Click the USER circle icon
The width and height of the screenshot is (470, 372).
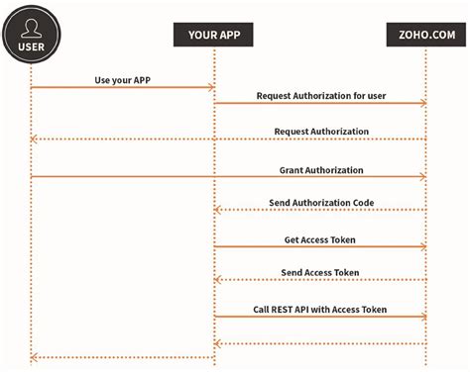point(32,34)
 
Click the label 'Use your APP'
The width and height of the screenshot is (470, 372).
point(122,78)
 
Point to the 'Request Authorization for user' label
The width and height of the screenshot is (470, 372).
point(320,96)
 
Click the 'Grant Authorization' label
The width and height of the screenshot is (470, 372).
point(320,170)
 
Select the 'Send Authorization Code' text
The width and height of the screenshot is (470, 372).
point(320,202)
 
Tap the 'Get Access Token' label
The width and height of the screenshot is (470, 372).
point(320,239)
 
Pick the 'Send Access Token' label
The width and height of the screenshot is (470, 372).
point(320,272)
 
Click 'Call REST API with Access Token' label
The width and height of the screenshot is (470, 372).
point(320,310)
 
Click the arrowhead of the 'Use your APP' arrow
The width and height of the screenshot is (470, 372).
point(211,88)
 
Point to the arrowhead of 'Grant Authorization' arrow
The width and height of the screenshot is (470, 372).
point(423,177)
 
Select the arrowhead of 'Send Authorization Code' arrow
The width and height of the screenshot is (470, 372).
point(218,210)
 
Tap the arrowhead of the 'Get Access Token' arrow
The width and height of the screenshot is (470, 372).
point(423,247)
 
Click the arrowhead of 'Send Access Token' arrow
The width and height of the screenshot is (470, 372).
point(218,280)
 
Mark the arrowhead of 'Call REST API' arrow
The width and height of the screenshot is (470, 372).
point(423,318)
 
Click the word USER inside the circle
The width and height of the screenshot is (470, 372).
point(32,45)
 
